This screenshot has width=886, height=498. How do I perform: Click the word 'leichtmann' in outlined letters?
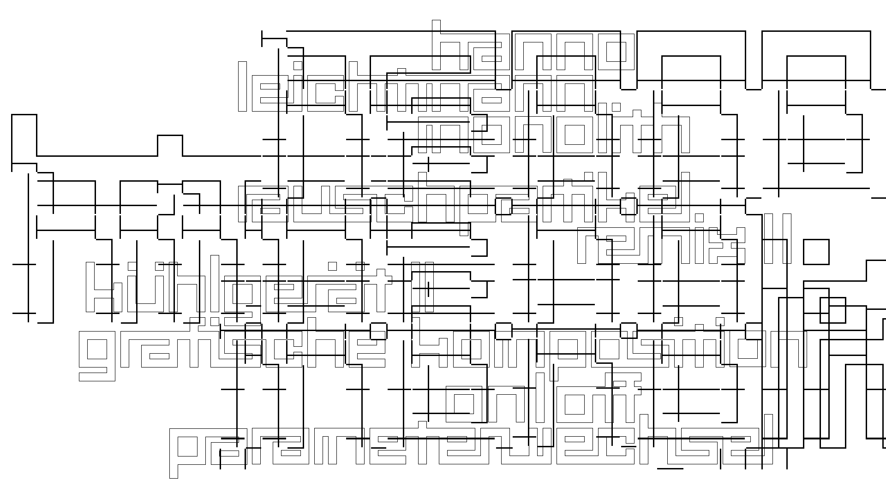click(x=415, y=92)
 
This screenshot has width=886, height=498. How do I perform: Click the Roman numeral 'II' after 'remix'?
click(x=777, y=238)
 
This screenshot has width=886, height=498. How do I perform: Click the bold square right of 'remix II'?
click(x=816, y=252)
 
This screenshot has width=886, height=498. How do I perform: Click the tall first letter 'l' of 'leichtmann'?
click(x=242, y=86)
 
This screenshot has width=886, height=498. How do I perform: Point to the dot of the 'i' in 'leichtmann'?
click(x=298, y=65)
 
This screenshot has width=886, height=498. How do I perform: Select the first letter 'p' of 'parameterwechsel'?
click(x=187, y=452)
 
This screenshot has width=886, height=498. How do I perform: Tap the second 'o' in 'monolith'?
click(x=574, y=135)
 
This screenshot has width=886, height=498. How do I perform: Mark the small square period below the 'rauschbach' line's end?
click(x=699, y=218)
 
